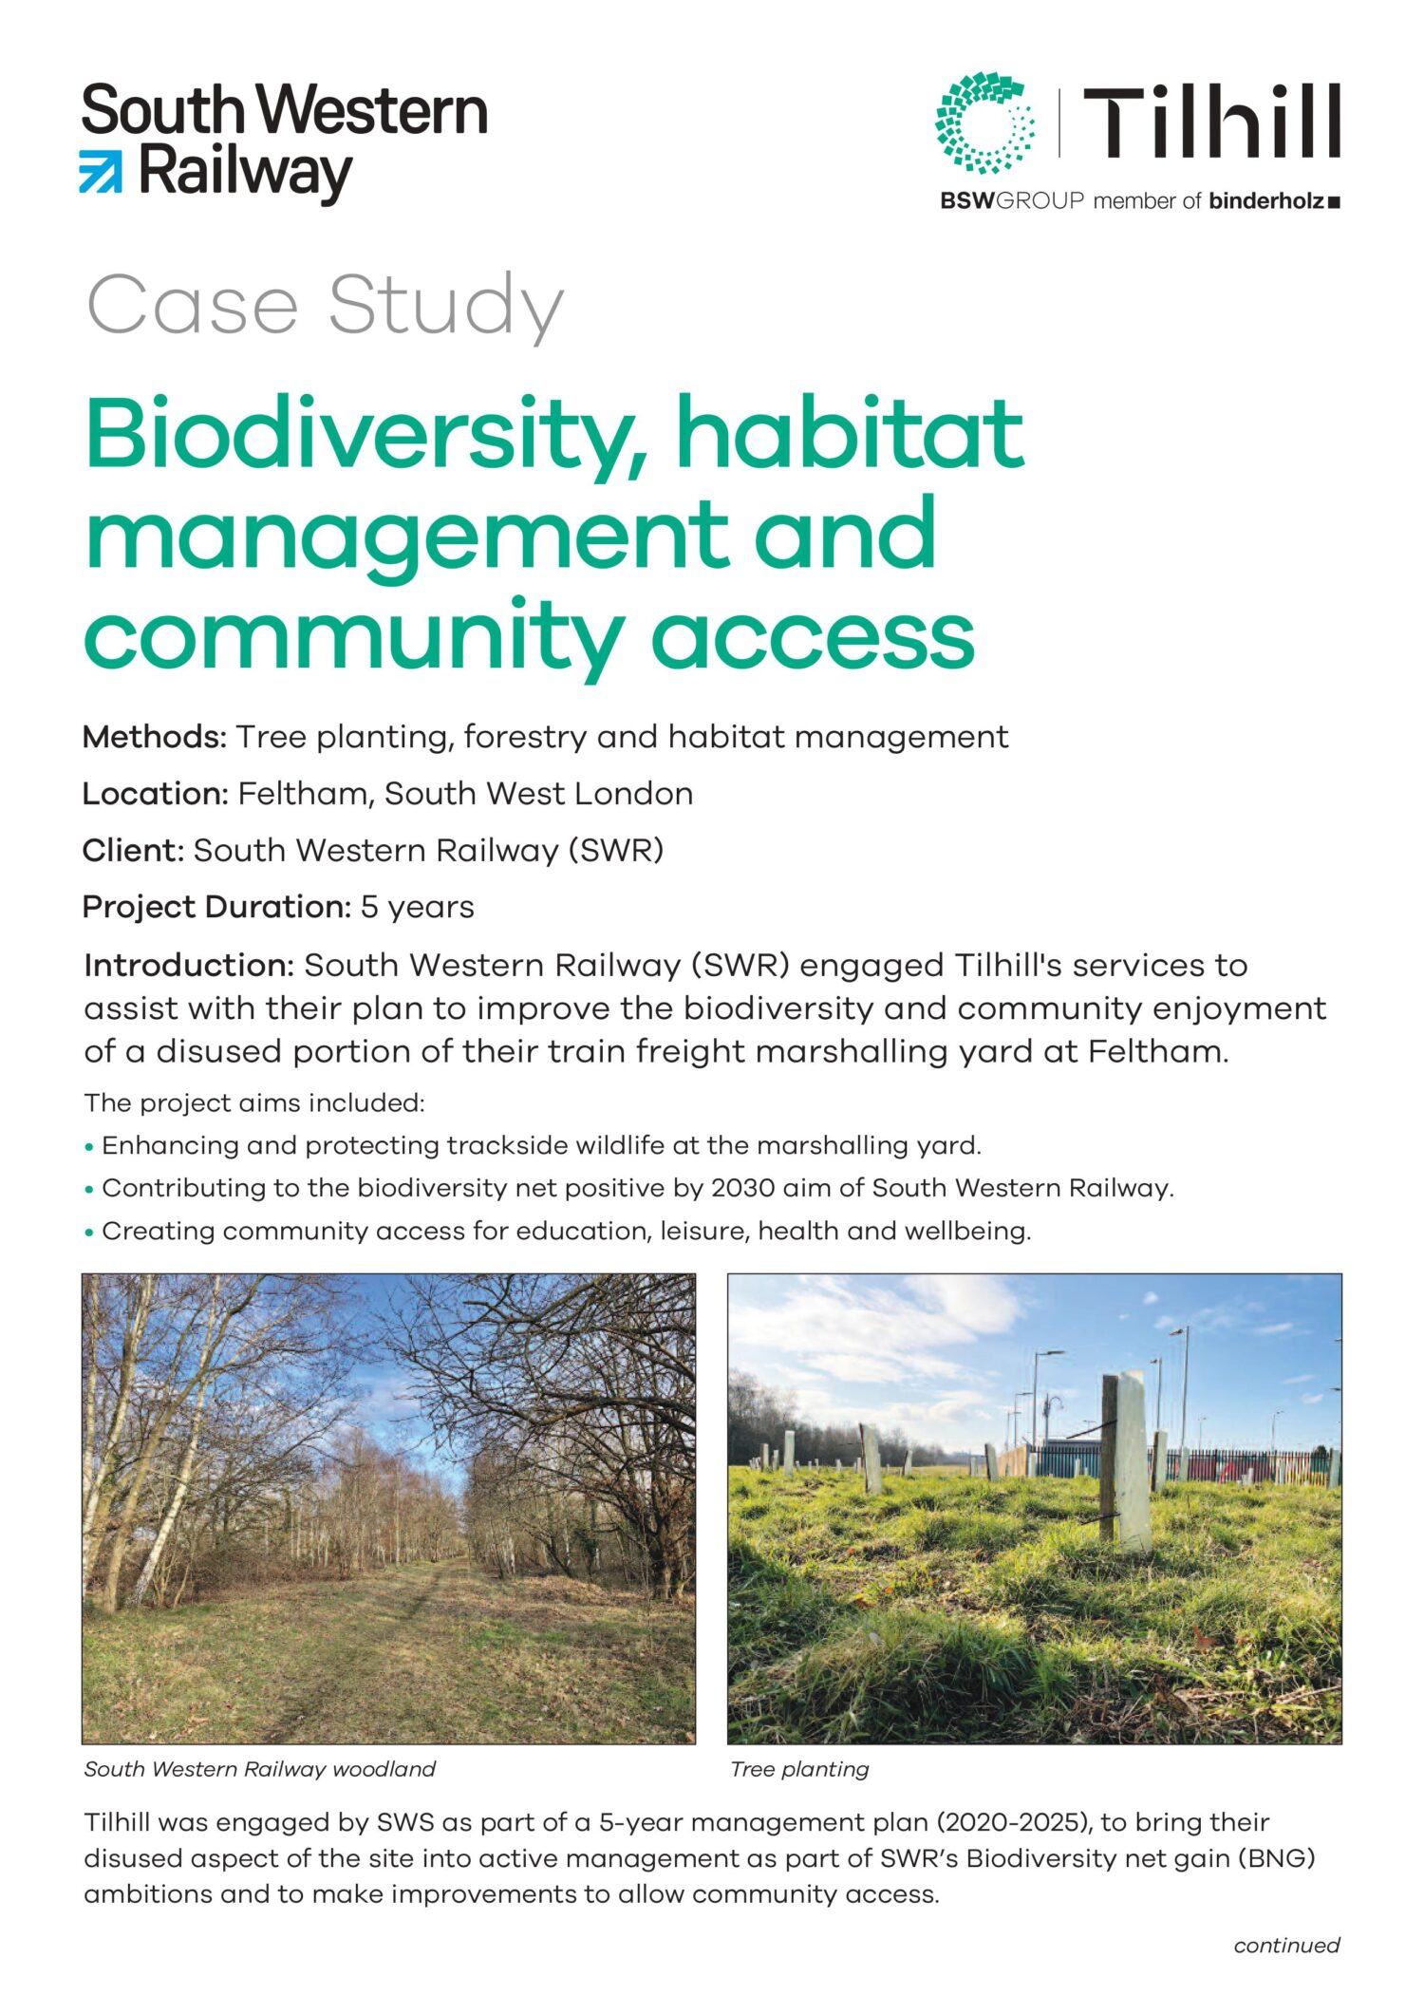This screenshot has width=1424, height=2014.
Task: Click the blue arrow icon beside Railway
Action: (101, 171)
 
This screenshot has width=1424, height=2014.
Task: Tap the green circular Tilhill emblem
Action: (985, 122)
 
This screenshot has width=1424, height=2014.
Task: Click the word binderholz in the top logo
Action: (1266, 200)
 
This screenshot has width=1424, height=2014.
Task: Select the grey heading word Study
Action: (445, 306)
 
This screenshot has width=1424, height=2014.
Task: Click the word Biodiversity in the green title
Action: (368, 434)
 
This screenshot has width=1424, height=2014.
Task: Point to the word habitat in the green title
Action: (850, 434)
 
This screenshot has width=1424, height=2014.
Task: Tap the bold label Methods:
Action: (155, 737)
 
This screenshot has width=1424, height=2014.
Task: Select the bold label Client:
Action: (133, 850)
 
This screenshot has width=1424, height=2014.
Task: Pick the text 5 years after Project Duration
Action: (418, 907)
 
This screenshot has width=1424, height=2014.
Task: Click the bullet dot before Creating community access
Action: (89, 1233)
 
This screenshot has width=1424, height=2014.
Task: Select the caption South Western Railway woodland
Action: (259, 1769)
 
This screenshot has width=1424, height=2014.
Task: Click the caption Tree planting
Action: (799, 1769)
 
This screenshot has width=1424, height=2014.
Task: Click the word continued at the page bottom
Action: (1286, 1946)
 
